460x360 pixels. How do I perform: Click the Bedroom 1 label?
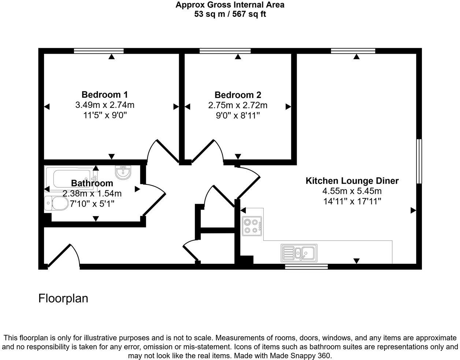point(104,95)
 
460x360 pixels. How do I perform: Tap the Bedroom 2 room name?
point(238,95)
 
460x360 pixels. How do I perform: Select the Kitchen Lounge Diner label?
point(352,181)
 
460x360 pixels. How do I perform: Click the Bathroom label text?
point(92,183)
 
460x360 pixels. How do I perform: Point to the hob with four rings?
point(252,226)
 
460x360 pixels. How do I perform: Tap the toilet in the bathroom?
point(56,203)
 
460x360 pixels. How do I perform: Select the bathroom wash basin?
point(123,172)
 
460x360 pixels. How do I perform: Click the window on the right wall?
point(419,161)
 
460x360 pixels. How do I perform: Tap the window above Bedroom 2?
point(225,51)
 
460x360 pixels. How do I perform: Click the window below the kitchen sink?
point(306,267)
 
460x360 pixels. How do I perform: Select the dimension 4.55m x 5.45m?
point(352,191)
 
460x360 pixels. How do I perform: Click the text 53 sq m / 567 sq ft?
point(230,15)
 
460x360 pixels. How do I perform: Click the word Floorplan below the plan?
point(63,298)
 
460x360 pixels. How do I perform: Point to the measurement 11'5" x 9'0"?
point(105,115)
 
